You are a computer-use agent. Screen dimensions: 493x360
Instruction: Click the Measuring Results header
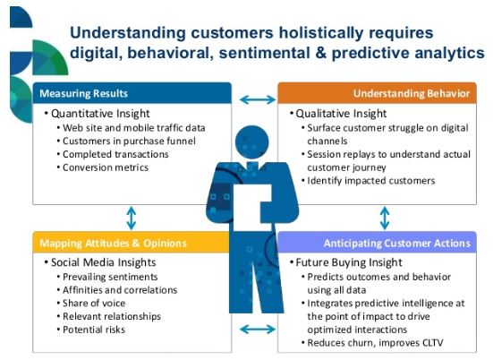[x=132, y=93]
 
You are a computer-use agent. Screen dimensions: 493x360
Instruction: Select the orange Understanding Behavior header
[x=377, y=93]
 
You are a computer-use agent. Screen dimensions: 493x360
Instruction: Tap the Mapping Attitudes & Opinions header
[x=132, y=243]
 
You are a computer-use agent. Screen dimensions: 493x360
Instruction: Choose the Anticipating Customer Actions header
[x=377, y=243]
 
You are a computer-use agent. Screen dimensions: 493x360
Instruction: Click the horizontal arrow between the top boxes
[x=258, y=99]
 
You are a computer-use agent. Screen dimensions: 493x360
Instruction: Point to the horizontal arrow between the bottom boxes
[x=258, y=330]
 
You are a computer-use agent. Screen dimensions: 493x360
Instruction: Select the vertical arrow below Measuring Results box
[x=132, y=219]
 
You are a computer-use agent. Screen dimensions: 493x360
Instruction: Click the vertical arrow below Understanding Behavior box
[x=385, y=219]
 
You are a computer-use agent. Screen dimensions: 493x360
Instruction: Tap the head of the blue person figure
[x=251, y=141]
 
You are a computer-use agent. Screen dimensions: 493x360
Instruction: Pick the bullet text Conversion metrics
[x=106, y=167]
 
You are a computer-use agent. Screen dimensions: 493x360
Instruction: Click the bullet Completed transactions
[x=115, y=154]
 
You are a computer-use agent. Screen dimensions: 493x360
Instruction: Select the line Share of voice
[x=94, y=303]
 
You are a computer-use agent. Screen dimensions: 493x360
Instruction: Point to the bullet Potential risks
[x=94, y=330]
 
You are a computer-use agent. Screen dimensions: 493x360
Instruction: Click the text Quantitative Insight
[x=100, y=114]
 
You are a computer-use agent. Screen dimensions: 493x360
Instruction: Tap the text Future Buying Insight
[x=349, y=262]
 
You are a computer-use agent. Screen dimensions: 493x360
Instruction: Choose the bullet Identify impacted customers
[x=371, y=181]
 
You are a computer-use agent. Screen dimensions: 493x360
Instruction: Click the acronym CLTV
[x=431, y=343]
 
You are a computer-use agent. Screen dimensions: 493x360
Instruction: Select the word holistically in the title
[x=321, y=33]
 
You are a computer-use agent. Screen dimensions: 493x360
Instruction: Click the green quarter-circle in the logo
[x=50, y=57]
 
